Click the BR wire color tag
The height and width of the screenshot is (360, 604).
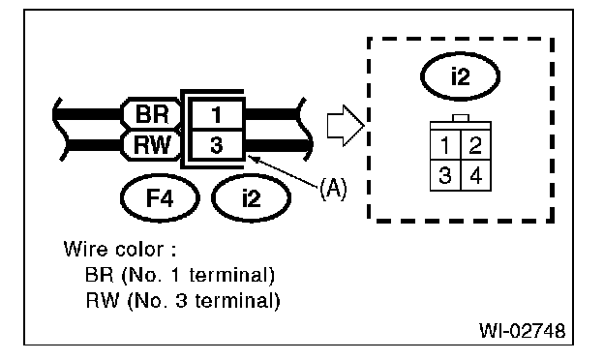click(151, 113)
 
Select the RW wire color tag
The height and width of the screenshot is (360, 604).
click(151, 145)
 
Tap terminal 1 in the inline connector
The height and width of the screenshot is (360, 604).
click(217, 115)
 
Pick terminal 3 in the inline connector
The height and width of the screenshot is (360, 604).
click(217, 145)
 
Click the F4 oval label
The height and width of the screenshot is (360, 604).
click(160, 198)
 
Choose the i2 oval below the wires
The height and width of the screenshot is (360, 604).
click(251, 198)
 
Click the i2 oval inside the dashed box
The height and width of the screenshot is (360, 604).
click(461, 76)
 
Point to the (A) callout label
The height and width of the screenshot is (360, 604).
click(333, 189)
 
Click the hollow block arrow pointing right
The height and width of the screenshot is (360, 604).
click(346, 125)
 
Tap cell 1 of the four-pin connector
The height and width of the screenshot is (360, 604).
click(445, 145)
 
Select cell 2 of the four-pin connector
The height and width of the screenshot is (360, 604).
click(475, 145)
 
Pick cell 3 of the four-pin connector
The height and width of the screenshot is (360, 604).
click(445, 175)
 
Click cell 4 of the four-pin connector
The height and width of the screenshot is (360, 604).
click(475, 175)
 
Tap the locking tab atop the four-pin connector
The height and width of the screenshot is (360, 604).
click(461, 118)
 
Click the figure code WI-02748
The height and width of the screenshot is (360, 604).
click(523, 330)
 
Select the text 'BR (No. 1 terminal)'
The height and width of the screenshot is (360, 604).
click(179, 275)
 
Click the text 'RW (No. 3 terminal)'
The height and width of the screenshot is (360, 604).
click(183, 300)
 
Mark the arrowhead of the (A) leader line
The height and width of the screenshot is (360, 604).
click(249, 156)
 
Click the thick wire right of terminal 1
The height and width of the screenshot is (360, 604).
click(272, 114)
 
